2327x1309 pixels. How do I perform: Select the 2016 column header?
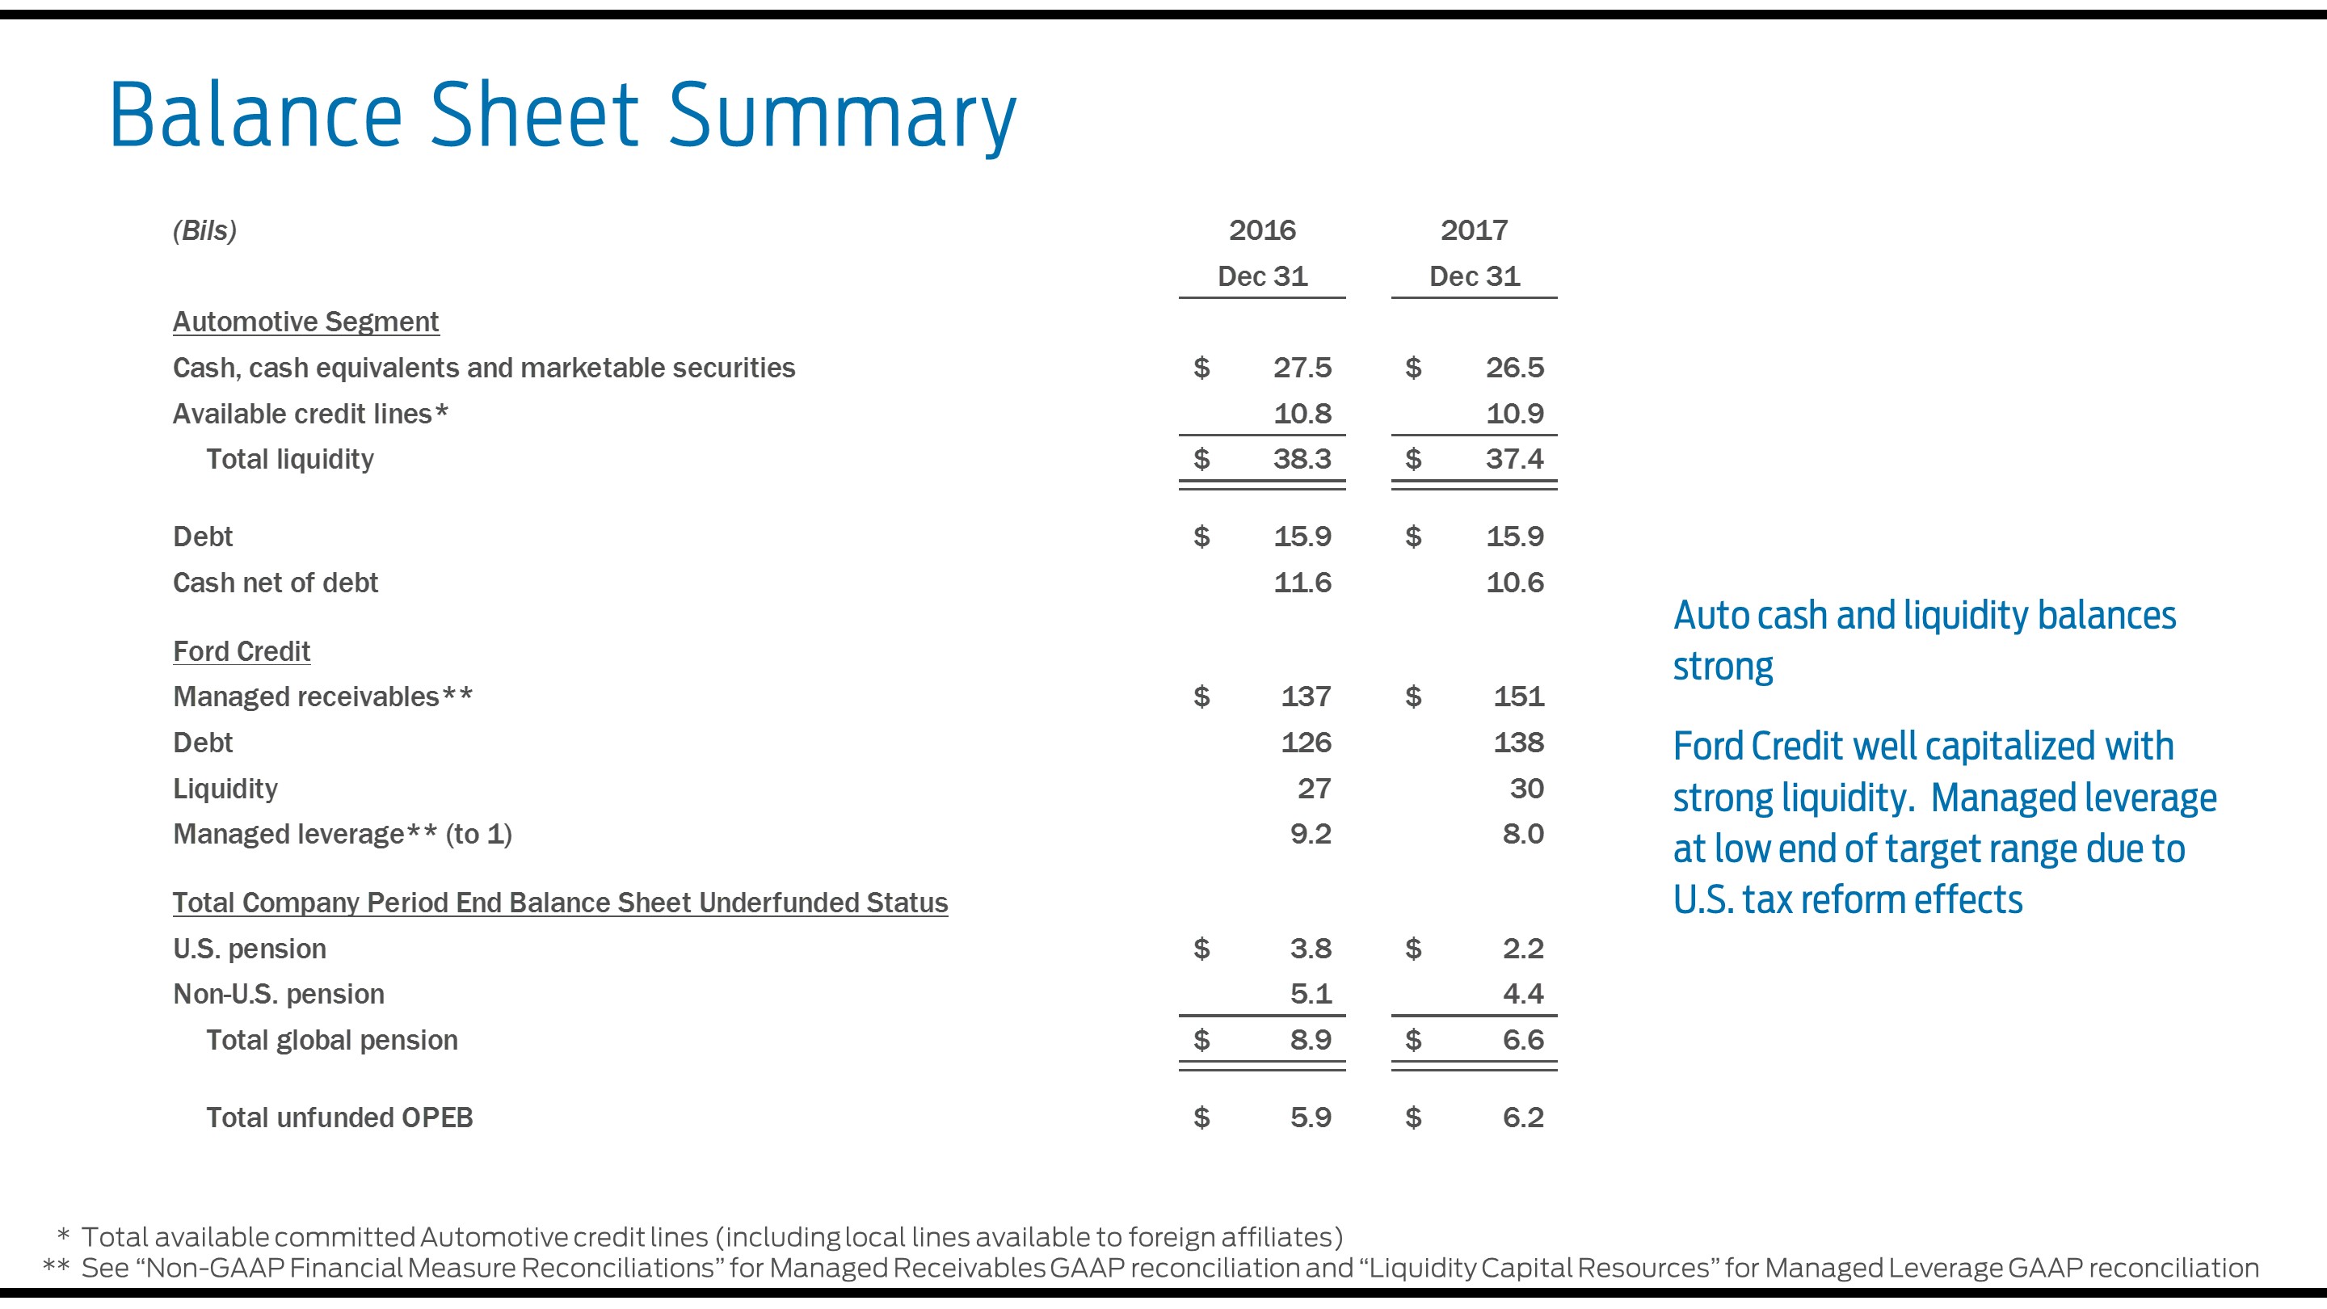pyautogui.click(x=1262, y=230)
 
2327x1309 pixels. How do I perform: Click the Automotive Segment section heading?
pyautogui.click(x=305, y=322)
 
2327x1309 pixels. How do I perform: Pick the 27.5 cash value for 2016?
pyautogui.click(x=1302, y=368)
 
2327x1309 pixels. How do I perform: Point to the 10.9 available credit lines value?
pyautogui.click(x=1515, y=414)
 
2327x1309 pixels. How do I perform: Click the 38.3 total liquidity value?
pyautogui.click(x=1302, y=459)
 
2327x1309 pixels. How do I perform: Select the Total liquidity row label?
pyautogui.click(x=290, y=459)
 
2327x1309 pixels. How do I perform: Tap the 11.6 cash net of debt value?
pyautogui.click(x=1302, y=583)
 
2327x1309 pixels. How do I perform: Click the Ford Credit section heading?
pyautogui.click(x=242, y=651)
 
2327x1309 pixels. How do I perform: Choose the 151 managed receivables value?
pyautogui.click(x=1518, y=697)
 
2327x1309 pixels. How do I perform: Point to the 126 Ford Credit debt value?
pyautogui.click(x=1306, y=743)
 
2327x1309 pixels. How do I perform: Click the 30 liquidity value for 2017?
pyautogui.click(x=1526, y=789)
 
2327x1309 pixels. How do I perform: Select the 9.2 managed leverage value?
pyautogui.click(x=1310, y=834)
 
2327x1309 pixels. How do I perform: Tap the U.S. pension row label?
pyautogui.click(x=250, y=949)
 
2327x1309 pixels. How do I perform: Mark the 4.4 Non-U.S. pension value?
pyautogui.click(x=1523, y=994)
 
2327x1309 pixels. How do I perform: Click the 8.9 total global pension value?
pyautogui.click(x=1310, y=1040)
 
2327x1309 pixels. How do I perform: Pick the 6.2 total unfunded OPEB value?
pyautogui.click(x=1523, y=1117)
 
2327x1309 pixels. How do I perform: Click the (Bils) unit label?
pyautogui.click(x=204, y=230)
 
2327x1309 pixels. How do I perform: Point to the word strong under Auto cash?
pyautogui.click(x=1723, y=667)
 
